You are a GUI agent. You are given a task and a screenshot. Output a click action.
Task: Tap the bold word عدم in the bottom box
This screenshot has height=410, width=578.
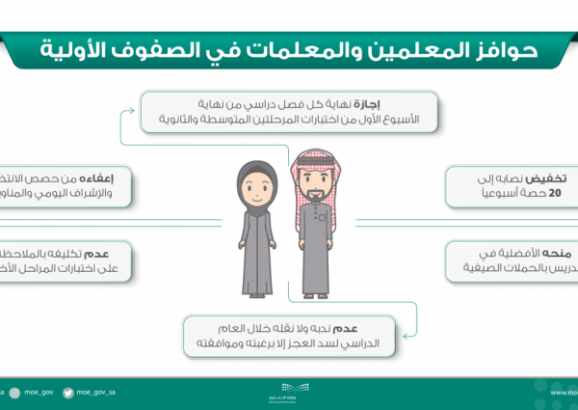(377, 328)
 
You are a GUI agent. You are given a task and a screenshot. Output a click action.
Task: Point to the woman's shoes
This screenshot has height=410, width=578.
(258, 288)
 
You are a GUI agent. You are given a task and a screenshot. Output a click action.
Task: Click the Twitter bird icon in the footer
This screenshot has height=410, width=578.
(68, 393)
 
